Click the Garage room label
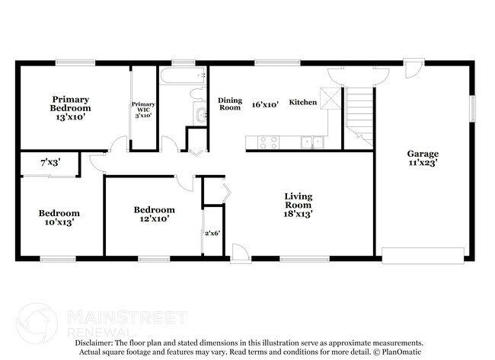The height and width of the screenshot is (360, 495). click(x=421, y=153)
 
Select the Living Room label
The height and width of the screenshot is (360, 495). click(x=299, y=200)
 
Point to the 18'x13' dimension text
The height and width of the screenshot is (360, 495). click(x=299, y=214)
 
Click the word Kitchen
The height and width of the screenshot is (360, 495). click(x=302, y=102)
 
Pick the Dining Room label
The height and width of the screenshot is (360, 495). click(x=229, y=104)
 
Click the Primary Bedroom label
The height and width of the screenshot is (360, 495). click(x=70, y=104)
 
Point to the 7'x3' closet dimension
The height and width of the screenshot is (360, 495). click(x=50, y=162)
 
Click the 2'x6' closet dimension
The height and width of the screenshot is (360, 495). click(x=212, y=233)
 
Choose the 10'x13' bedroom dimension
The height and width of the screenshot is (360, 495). click(x=59, y=224)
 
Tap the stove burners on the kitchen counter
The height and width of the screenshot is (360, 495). click(x=268, y=141)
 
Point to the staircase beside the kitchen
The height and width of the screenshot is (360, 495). click(x=360, y=114)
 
